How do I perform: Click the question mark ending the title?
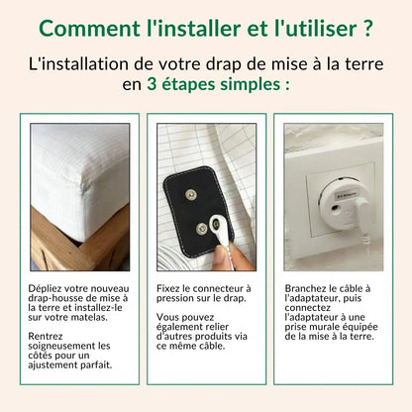click(367, 27)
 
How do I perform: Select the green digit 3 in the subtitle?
click(153, 85)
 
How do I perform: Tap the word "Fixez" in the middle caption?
click(170, 288)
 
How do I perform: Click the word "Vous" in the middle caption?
click(169, 318)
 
